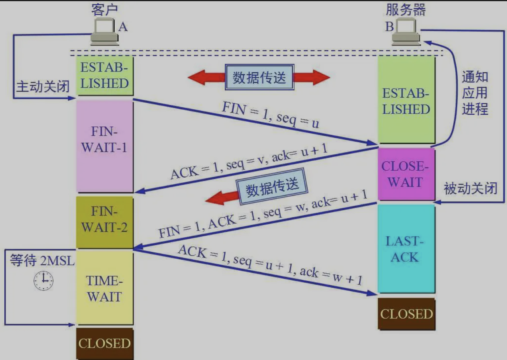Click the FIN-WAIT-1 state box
[x=105, y=146]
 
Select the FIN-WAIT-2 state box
[x=105, y=222]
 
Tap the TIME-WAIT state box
[x=105, y=288]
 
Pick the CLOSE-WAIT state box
[x=406, y=174]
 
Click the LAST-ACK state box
[x=406, y=249]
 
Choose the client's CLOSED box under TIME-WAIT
[x=105, y=344]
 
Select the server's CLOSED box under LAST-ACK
[x=406, y=314]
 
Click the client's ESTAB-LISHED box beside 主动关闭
[x=105, y=76]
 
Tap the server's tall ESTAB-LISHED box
[x=406, y=100]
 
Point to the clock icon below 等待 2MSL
[x=43, y=280]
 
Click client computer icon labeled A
[x=104, y=32]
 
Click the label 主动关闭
[x=42, y=86]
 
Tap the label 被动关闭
[x=470, y=189]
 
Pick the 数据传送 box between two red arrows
[x=259, y=77]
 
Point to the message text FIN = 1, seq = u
[x=271, y=115]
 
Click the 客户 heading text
[x=104, y=9]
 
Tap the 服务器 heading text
[x=406, y=9]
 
